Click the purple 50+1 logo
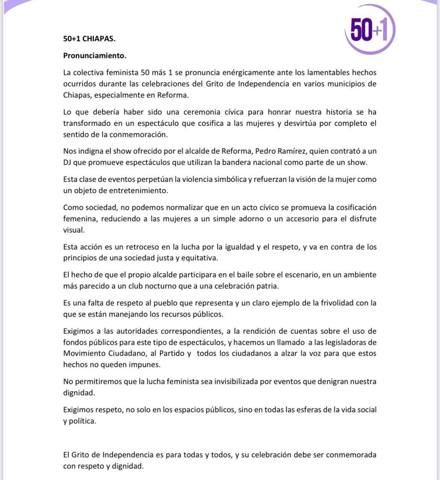370,30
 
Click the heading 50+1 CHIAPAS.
89,39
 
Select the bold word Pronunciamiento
94,56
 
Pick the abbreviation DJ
67,162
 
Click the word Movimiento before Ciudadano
84,353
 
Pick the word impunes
144,365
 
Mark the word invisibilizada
236,382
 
